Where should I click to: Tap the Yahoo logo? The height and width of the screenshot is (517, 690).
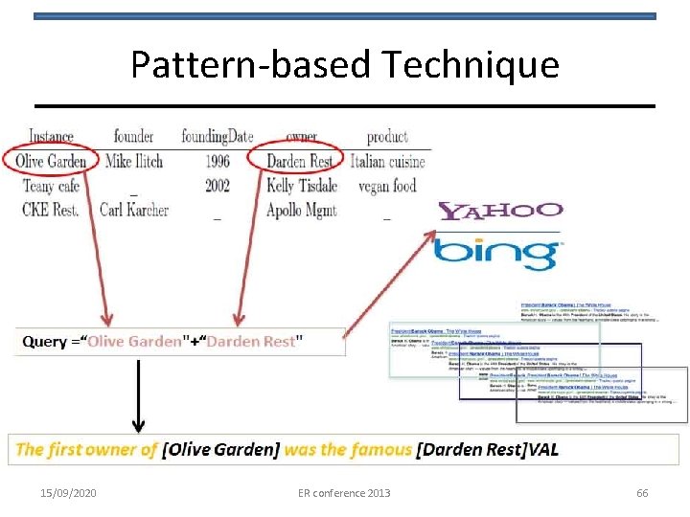click(x=499, y=211)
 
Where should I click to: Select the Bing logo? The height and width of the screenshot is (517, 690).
click(x=496, y=254)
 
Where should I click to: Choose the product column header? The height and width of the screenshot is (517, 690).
click(x=387, y=137)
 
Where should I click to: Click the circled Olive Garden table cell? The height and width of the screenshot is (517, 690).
click(x=51, y=161)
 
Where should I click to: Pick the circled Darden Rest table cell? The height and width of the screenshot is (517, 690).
click(x=299, y=161)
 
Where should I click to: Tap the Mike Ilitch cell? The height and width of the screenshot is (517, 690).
click(x=134, y=161)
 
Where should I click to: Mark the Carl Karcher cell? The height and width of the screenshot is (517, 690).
click(x=134, y=210)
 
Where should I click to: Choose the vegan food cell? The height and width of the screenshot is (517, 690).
click(x=387, y=186)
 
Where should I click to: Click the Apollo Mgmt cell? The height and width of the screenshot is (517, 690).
click(x=301, y=210)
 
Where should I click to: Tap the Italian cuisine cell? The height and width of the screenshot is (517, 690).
click(x=387, y=161)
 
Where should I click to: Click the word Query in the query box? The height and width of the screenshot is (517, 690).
click(x=44, y=342)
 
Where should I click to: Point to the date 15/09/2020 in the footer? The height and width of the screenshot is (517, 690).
click(x=68, y=493)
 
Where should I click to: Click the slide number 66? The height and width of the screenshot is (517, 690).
click(x=642, y=493)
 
